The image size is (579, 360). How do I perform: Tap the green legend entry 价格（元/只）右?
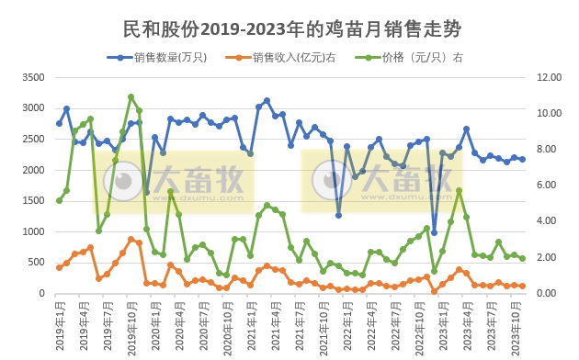pos(423,57)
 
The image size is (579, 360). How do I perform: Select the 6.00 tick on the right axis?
pos(548,186)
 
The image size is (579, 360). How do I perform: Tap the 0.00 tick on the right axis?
pos(548,294)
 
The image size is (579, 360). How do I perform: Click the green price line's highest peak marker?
pos(131,96)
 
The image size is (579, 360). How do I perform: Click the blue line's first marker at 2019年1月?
pos(59,123)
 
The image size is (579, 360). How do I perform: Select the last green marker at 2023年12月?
pos(523,258)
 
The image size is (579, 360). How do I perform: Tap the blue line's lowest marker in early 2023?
pos(435,232)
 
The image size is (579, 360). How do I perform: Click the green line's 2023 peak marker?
pos(459,190)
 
